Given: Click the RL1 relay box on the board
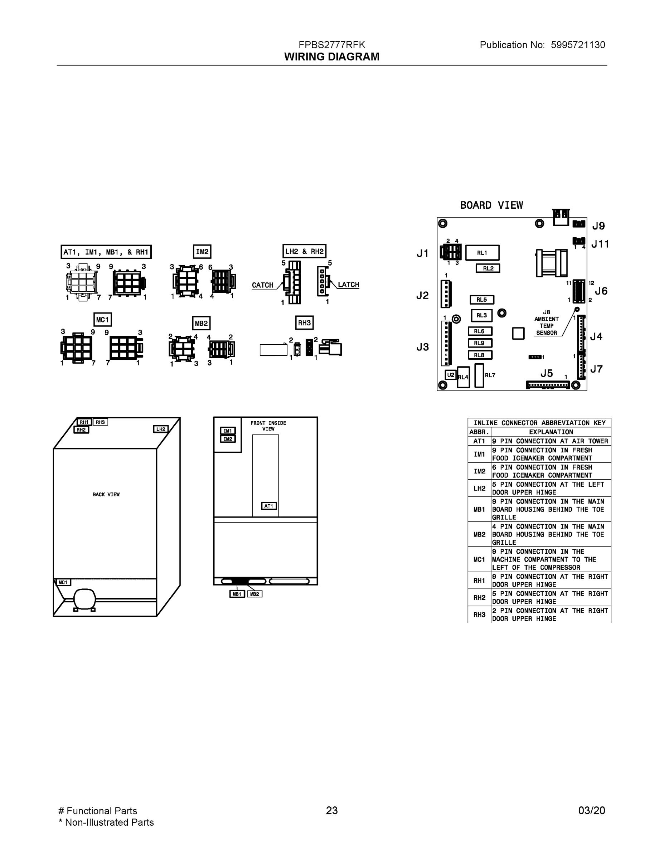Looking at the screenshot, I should (482, 253).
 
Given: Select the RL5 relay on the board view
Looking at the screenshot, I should (481, 300).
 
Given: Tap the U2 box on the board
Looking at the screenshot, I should (450, 375).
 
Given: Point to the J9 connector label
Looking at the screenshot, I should (598, 226).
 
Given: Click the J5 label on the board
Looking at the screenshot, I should (546, 373).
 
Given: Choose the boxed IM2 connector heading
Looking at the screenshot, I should (202, 252).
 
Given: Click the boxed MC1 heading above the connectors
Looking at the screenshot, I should (102, 320).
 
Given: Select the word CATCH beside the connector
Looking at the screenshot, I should (262, 285).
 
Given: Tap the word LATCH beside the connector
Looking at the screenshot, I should (349, 285).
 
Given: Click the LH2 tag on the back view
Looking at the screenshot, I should (160, 429).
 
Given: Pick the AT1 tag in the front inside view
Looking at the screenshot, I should (269, 506).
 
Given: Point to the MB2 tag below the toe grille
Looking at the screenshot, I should (255, 594).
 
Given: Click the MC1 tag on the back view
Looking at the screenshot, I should (63, 582).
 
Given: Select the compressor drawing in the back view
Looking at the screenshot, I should (84, 599).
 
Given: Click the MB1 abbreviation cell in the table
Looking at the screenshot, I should (479, 509).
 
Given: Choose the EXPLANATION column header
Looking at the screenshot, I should (551, 432).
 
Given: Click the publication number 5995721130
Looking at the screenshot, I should (577, 45).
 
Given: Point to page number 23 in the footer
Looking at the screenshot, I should (331, 810).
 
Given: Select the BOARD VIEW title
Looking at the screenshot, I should (491, 205).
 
